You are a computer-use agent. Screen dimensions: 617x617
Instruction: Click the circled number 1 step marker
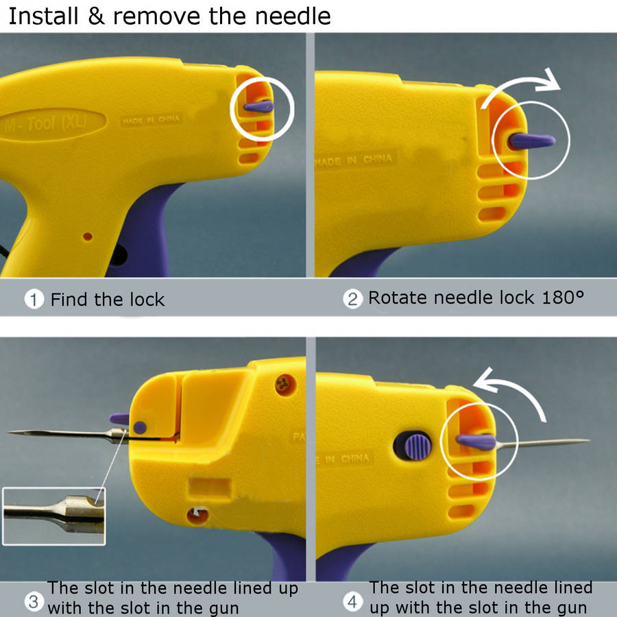[34, 300]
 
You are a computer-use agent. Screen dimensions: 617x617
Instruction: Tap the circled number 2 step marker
[352, 299]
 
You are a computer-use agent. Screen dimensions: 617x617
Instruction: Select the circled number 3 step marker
[34, 602]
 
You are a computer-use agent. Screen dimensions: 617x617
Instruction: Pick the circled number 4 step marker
[352, 601]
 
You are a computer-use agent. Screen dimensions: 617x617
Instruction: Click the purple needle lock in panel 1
[258, 106]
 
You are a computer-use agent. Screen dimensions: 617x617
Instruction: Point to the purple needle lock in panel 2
[531, 141]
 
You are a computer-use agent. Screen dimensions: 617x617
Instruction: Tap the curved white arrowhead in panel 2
[548, 80]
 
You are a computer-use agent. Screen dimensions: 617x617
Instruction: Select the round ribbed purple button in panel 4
[418, 446]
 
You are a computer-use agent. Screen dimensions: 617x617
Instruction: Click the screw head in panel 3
[285, 385]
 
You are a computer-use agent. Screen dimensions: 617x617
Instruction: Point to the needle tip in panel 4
[589, 441]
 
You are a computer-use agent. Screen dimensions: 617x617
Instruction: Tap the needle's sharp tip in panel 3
[10, 432]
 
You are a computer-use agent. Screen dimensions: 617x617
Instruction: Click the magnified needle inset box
[54, 516]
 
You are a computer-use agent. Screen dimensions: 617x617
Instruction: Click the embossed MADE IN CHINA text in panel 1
[151, 120]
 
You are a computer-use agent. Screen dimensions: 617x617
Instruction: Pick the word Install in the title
[43, 16]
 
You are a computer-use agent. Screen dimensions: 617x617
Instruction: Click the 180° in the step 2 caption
[563, 298]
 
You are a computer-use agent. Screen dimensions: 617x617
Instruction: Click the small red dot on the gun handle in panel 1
[88, 237]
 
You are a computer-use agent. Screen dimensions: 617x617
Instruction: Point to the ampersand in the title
[96, 16]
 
